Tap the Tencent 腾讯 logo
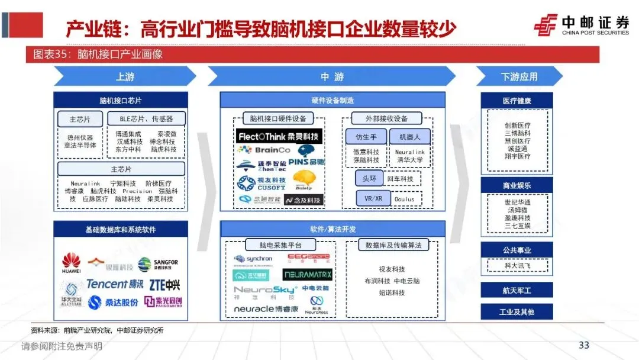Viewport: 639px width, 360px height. (x=115, y=284)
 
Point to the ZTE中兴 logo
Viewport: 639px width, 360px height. (x=165, y=285)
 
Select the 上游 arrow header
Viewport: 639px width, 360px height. (x=124, y=76)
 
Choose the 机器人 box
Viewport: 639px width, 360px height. (x=409, y=137)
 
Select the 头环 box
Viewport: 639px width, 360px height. (x=369, y=178)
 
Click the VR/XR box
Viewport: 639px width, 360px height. (x=373, y=199)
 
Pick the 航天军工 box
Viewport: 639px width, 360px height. (x=517, y=290)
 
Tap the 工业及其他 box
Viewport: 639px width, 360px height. (x=517, y=311)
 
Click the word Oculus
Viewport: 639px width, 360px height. (x=405, y=200)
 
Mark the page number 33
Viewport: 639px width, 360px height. (x=584, y=345)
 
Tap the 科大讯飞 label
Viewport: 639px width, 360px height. (x=517, y=265)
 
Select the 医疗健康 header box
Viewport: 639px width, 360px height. (x=517, y=101)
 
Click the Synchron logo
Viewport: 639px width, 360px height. (x=253, y=259)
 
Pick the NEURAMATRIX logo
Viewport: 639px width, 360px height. (x=307, y=275)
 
